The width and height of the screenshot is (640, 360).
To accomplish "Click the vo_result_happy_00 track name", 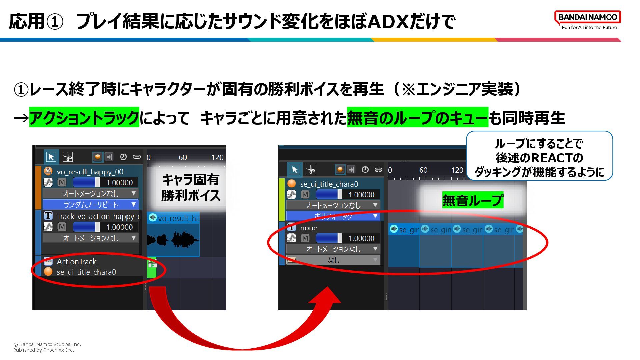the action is pyautogui.click(x=90, y=172).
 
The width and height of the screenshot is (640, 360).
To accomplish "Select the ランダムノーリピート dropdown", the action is pyautogui.click(x=90, y=204).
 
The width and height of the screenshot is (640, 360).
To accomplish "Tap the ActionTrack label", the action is pyautogui.click(x=76, y=262).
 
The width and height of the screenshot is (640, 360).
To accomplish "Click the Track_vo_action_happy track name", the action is pyautogui.click(x=97, y=216).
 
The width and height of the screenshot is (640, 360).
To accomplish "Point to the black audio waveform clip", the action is pyautogui.click(x=173, y=239).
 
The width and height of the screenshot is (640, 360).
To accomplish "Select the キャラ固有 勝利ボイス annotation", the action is pyautogui.click(x=190, y=188).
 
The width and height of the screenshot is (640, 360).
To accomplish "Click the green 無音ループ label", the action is pyautogui.click(x=472, y=200).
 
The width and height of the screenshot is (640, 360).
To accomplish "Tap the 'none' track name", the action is pyautogui.click(x=308, y=228).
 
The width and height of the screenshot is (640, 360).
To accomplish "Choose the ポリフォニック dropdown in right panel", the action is pyautogui.click(x=333, y=216).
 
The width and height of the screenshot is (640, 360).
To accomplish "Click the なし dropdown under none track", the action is pyautogui.click(x=333, y=260).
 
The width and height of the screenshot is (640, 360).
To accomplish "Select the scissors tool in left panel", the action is pyautogui.click(x=68, y=157).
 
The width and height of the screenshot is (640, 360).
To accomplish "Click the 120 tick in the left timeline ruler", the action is pyautogui.click(x=217, y=157).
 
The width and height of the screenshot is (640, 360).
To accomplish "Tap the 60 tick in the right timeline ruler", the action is pyautogui.click(x=423, y=170).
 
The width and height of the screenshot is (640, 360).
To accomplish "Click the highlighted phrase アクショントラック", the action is pyautogui.click(x=84, y=118).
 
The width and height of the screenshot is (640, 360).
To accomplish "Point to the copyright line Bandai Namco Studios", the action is pyautogui.click(x=47, y=344).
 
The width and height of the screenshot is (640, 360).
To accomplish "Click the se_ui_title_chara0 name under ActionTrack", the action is pyautogui.click(x=86, y=272).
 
